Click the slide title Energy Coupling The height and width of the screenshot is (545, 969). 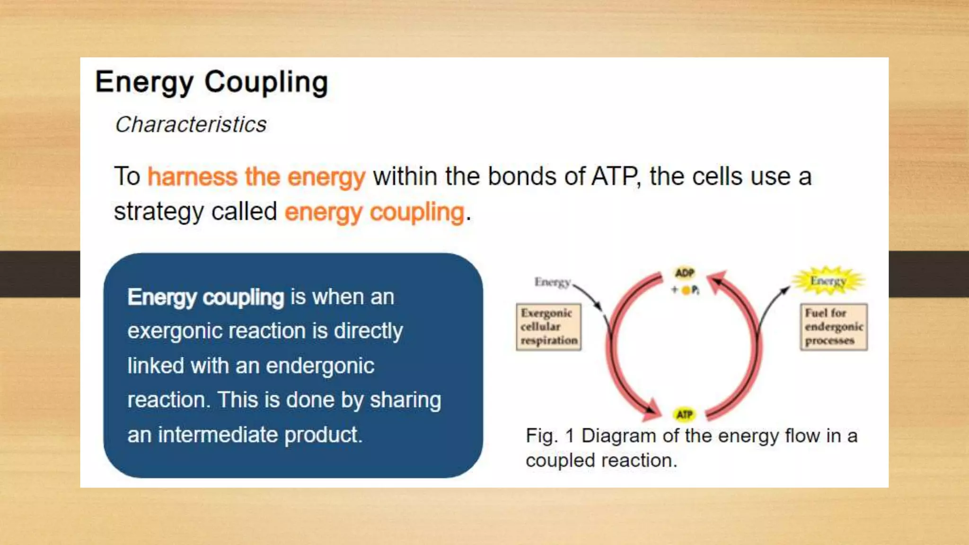click(211, 82)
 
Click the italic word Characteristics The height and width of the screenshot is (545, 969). click(191, 125)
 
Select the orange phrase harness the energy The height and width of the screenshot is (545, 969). click(256, 177)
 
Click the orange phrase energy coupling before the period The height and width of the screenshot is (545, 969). click(374, 212)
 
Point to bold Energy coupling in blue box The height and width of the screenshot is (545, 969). click(205, 298)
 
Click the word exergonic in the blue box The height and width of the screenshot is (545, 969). click(174, 331)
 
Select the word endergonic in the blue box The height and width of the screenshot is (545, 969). click(320, 366)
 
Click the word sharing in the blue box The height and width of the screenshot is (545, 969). click(405, 400)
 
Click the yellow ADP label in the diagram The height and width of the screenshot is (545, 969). click(684, 273)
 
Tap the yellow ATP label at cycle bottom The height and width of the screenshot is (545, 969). click(684, 414)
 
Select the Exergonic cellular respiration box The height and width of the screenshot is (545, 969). click(548, 327)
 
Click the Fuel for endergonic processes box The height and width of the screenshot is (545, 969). click(833, 327)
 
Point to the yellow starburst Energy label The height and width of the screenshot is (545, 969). click(828, 281)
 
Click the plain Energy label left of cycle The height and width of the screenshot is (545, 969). click(552, 282)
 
